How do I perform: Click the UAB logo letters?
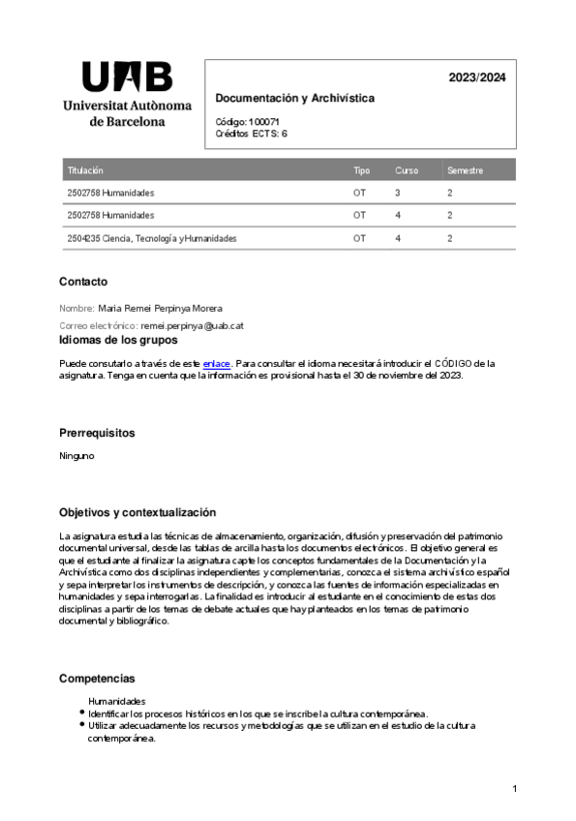[x=127, y=76]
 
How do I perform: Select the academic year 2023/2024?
[x=476, y=77]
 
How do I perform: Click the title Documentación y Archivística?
[x=294, y=99]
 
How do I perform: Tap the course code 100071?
[x=263, y=122]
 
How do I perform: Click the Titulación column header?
[x=85, y=170]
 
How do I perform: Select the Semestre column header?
[x=465, y=170]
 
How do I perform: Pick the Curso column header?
[x=407, y=170]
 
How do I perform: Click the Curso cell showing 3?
[x=398, y=194]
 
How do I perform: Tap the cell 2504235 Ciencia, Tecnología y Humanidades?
[x=152, y=238]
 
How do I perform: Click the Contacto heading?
[x=83, y=282]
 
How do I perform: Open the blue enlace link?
[x=216, y=364]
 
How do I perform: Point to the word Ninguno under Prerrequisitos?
[x=76, y=456]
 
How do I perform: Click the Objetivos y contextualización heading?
[x=137, y=512]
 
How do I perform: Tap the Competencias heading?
[x=97, y=679]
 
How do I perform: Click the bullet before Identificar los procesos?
[x=81, y=713]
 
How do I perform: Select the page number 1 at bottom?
[x=515, y=790]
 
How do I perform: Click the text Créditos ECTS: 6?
[x=252, y=134]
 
